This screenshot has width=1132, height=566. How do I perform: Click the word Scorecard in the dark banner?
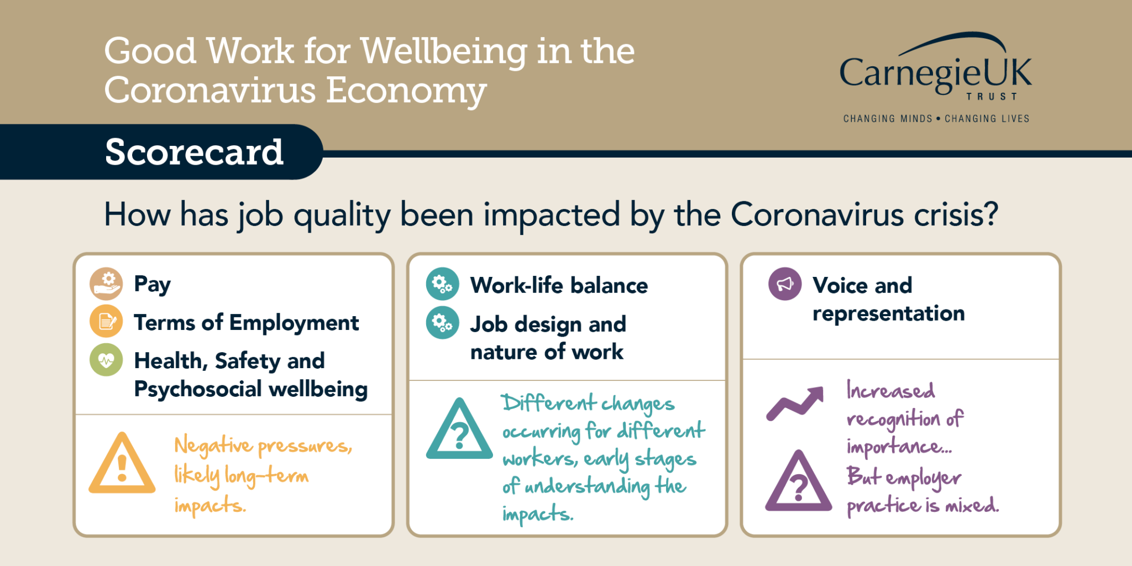(x=194, y=152)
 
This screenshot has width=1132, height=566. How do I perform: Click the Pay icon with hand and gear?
(x=106, y=284)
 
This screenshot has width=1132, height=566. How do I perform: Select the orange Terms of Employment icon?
(x=106, y=321)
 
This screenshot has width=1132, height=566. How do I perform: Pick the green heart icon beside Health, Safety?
(x=106, y=360)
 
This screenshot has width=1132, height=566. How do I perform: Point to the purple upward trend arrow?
(x=795, y=404)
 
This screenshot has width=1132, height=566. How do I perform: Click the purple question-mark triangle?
(x=799, y=483)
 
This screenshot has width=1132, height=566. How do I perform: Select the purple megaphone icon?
(x=785, y=284)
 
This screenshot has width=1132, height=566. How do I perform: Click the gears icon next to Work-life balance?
(x=442, y=284)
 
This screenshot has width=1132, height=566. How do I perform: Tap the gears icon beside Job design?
(x=442, y=323)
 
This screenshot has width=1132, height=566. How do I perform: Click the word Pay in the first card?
(x=153, y=285)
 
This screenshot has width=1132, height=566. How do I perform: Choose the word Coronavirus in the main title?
(x=210, y=90)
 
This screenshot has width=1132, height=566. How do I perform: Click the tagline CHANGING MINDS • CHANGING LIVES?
(x=936, y=118)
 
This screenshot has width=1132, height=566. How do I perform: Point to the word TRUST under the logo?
(x=992, y=97)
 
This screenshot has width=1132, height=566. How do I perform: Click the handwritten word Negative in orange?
(x=213, y=446)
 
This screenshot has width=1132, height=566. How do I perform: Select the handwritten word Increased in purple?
(x=891, y=391)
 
